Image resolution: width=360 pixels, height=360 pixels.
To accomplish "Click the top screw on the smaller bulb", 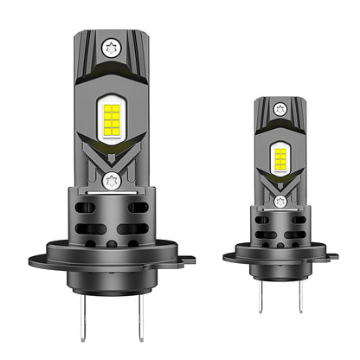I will [279, 108].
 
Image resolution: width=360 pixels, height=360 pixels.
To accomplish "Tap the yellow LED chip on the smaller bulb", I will [279, 157].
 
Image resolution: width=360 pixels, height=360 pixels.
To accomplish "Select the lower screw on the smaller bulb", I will [279, 201].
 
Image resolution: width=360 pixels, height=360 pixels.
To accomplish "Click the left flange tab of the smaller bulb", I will [229, 254].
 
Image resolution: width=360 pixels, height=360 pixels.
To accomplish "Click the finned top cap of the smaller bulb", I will [279, 111].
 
